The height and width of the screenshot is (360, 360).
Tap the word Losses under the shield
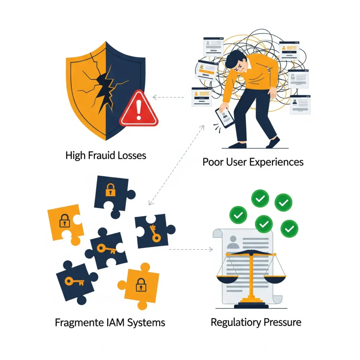pyautogui.click(x=132, y=155)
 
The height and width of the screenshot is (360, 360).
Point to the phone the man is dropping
pyautogui.click(x=225, y=117)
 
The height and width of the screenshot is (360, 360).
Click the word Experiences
pyautogui.click(x=276, y=162)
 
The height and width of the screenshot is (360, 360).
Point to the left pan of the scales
pyautogui.click(x=227, y=279)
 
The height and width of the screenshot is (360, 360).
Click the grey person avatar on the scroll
pyautogui.click(x=233, y=242)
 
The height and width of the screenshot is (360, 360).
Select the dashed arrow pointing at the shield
pyautogui.click(x=168, y=97)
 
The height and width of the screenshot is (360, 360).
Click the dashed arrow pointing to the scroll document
pyautogui.click(x=191, y=249)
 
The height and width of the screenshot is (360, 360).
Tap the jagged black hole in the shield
pyautogui.click(x=104, y=88)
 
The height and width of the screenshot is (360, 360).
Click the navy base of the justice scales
pyautogui.click(x=251, y=306)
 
